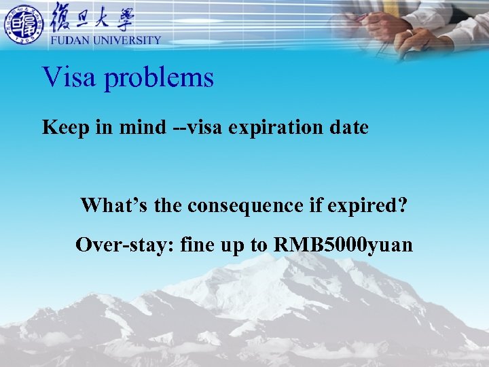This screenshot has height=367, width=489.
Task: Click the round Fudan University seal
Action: (24, 24)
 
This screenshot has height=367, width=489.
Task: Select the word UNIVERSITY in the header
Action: (128, 40)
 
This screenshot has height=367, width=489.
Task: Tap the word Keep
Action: (63, 127)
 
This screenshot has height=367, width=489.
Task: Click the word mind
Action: (141, 127)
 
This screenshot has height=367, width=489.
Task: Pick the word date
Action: (347, 127)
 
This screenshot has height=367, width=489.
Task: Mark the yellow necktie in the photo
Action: (392, 8)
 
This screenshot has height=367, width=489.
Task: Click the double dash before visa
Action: (180, 128)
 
